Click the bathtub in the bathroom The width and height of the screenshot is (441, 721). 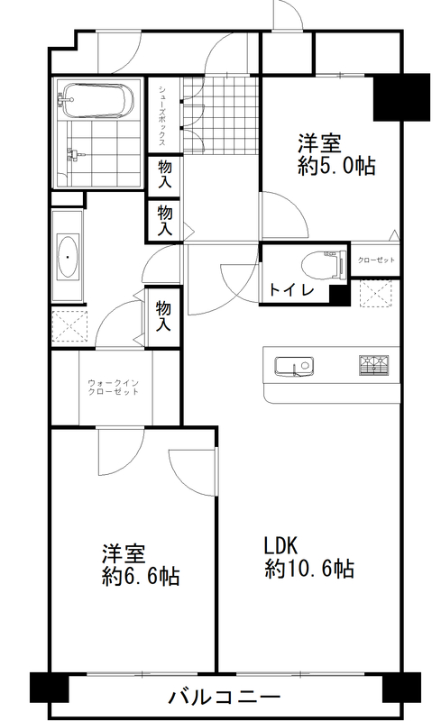click(96, 100)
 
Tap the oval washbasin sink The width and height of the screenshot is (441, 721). click(68, 257)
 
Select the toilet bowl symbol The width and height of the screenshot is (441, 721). click(324, 265)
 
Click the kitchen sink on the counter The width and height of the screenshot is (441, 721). click(294, 367)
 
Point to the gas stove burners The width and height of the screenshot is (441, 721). click(373, 365)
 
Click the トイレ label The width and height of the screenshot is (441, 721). click(291, 290)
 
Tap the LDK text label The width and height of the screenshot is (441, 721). click(280, 546)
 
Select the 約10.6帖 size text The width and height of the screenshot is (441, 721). click(309, 569)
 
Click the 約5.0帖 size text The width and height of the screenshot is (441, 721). click(336, 166)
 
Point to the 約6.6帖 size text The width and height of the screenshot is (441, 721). click(141, 576)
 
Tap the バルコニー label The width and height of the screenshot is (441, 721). click(224, 697)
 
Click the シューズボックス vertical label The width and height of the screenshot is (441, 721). click(162, 115)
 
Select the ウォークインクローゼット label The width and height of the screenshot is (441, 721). click(114, 388)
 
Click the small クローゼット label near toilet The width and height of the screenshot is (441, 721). click(376, 260)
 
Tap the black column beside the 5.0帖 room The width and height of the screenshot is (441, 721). click(401, 97)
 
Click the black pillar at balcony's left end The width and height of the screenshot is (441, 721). click(50, 688)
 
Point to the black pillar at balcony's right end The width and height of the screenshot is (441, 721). click(401, 688)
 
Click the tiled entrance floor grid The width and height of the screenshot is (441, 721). click(221, 115)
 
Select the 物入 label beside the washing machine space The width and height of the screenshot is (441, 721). click(163, 316)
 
